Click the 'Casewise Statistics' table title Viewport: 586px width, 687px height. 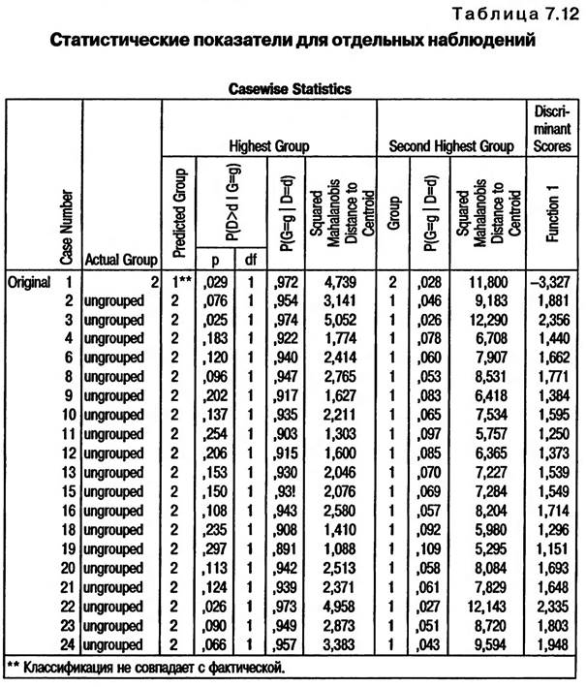coord(290,87)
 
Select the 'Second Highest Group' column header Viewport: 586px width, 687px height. coord(450,146)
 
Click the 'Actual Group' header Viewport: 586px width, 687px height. coord(120,259)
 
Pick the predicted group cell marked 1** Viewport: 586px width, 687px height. coord(178,282)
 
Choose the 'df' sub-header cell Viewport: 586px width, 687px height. coord(249,259)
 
